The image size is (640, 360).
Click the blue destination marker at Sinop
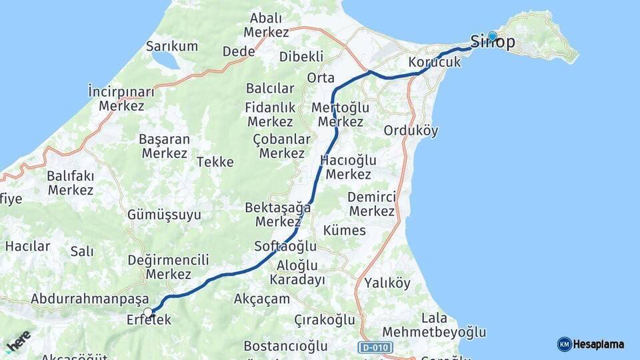pos(492,37)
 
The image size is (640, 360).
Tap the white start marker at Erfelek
pos(148,311)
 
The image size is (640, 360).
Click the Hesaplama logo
pos(591,344)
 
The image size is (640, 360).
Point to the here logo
pos(18,341)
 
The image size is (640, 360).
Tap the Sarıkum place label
pos(172,46)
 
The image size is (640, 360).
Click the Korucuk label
pos(435,62)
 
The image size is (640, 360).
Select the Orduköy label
pos(411,131)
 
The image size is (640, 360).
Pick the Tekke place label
pos(215,161)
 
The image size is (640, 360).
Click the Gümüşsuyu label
pos(164,215)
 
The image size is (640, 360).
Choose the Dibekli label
pos(301,56)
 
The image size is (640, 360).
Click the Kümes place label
pos(344,230)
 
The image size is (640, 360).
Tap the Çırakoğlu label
pos(325,320)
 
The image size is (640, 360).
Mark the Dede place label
pos(239,51)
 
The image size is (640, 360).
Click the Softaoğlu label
pos(285,246)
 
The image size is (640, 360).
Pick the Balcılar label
pos(270,88)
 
